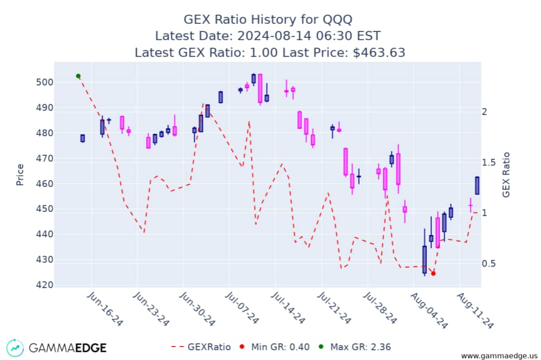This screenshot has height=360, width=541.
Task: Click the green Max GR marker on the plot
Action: point(78,76)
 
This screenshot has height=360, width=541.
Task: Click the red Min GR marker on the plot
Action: point(433,274)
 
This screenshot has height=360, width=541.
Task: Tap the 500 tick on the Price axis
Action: point(44,82)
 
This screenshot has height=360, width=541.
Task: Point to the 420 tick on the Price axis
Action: point(44,285)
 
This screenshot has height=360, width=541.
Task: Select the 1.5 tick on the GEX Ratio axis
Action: point(490,162)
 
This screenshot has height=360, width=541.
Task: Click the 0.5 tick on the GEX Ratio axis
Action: point(490,263)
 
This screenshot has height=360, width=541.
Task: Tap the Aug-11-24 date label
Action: point(475,309)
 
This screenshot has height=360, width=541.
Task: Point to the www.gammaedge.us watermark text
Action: point(498,356)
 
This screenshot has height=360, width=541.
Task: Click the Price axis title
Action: point(20,174)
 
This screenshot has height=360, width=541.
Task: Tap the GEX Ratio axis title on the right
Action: point(506,174)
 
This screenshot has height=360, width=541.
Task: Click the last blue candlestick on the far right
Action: point(477,185)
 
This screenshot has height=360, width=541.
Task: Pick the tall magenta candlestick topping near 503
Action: point(260,88)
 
